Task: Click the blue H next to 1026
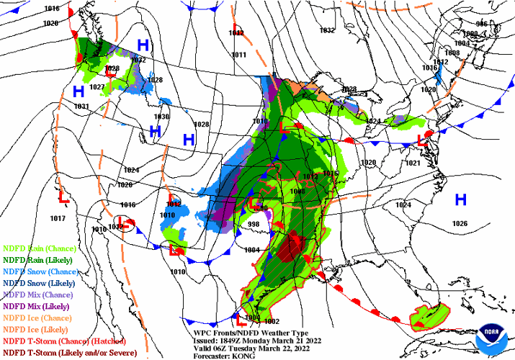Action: tap(460, 199)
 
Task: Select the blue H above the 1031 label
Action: tap(79, 91)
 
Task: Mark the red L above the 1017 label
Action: tap(63, 196)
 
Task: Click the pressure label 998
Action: tap(253, 225)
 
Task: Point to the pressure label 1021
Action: tap(412, 163)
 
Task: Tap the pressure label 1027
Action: tap(97, 87)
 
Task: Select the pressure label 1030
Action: tap(161, 117)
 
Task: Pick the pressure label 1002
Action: tap(272, 321)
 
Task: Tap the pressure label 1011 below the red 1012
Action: tap(239, 55)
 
